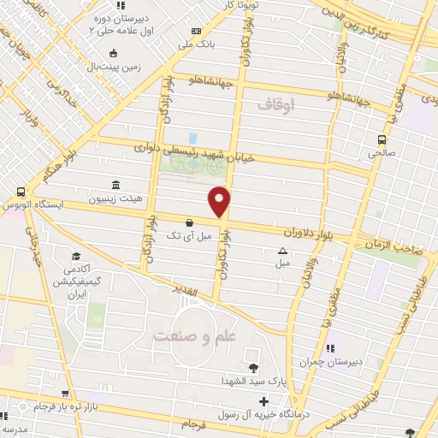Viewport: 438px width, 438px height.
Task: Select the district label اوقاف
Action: [275, 104]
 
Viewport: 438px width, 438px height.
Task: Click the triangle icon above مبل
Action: [282, 251]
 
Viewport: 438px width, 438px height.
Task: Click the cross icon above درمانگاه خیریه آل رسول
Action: [264, 401]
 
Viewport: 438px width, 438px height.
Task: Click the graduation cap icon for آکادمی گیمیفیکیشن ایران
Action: [76, 256]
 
